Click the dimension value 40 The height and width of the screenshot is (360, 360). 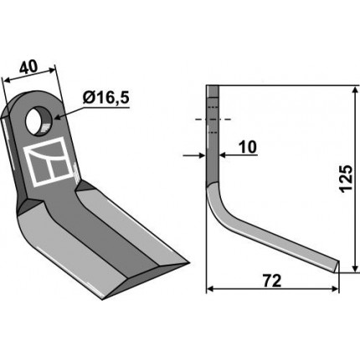pos(28,67)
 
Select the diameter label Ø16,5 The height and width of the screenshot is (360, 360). pos(106,98)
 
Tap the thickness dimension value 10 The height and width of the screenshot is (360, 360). pos(248,147)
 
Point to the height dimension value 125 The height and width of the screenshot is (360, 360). pos(347,178)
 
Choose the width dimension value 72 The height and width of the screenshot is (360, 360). pos(272,281)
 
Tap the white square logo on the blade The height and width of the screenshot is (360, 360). pos(49,162)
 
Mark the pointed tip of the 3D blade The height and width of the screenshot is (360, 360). pos(189,263)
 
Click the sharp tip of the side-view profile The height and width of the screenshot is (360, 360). pos(338,261)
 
